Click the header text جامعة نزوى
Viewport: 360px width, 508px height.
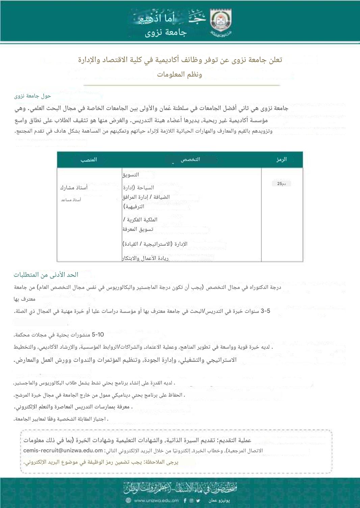click(x=166, y=33)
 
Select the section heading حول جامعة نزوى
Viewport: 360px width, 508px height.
click(x=32, y=96)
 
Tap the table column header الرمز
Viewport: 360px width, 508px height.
click(x=281, y=159)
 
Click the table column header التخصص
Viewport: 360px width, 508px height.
click(x=190, y=159)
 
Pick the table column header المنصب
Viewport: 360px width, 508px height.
click(x=88, y=160)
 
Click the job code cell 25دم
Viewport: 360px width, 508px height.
click(x=281, y=184)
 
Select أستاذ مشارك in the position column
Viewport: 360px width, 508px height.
click(x=74, y=187)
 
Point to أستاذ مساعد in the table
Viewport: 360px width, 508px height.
click(x=71, y=200)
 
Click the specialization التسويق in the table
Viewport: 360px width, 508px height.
click(x=131, y=175)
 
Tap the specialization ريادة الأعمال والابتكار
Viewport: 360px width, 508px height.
click(x=145, y=258)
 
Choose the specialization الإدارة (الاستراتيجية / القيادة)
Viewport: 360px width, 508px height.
click(x=155, y=244)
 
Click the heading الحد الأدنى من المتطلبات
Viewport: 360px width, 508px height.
click(x=46, y=275)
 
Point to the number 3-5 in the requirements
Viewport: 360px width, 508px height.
click(x=265, y=311)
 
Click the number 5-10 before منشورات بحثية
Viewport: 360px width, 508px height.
click(x=98, y=335)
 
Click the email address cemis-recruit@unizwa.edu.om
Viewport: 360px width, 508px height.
click(x=63, y=450)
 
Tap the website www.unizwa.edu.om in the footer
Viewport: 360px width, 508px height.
click(x=156, y=501)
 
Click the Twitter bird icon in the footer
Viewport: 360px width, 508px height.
click(x=198, y=501)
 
